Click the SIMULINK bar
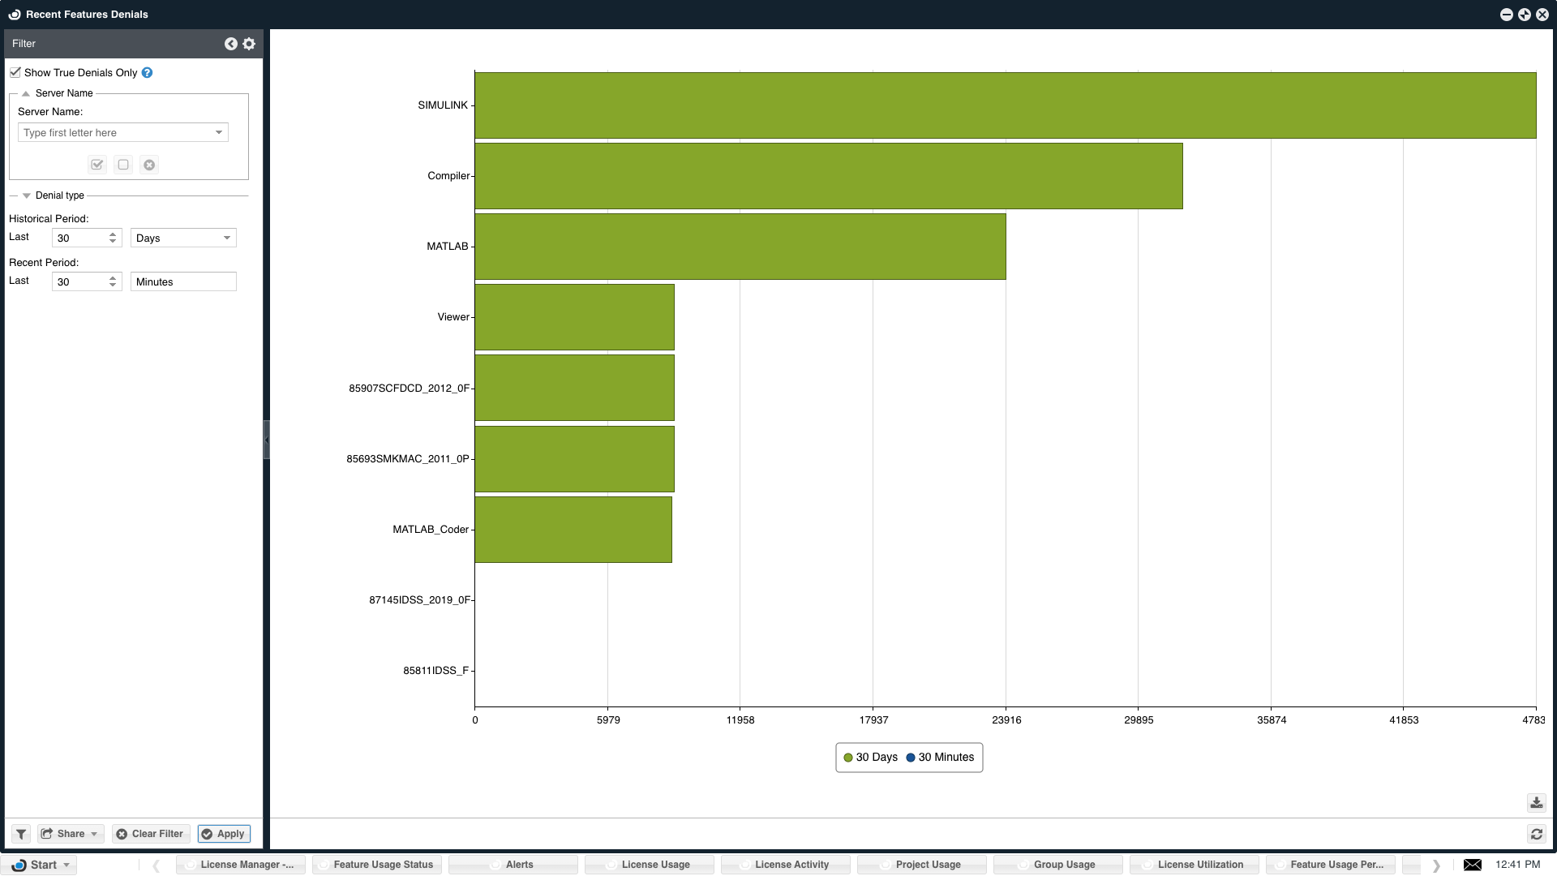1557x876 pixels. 1005,105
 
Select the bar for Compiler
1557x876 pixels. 828,176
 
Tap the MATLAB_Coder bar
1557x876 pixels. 573,530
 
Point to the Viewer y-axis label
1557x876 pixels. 453,317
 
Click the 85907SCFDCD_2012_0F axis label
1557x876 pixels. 409,389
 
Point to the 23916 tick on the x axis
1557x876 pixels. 1006,720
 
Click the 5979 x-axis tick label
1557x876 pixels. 608,720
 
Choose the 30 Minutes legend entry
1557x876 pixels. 941,758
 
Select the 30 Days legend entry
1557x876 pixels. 871,758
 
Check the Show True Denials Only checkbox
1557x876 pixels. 15,72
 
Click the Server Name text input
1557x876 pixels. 115,133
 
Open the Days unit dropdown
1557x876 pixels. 183,238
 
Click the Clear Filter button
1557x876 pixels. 150,834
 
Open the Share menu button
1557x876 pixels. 70,834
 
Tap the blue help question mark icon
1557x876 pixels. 147,72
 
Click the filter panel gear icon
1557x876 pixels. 249,44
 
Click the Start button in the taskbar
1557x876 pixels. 39,865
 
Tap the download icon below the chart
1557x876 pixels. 1536,803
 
